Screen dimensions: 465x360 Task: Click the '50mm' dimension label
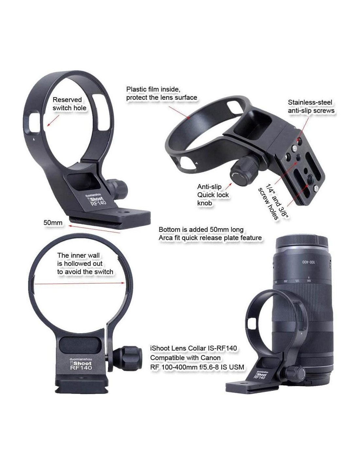click(x=53, y=223)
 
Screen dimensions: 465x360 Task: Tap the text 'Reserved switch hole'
click(x=69, y=104)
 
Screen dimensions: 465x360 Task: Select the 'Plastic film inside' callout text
click(x=162, y=93)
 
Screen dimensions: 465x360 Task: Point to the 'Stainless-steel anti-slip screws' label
click(x=311, y=106)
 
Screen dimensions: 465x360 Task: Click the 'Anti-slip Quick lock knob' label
click(x=213, y=195)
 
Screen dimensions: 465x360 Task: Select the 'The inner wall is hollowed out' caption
click(x=85, y=264)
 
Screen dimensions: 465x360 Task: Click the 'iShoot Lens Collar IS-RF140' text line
click(x=193, y=348)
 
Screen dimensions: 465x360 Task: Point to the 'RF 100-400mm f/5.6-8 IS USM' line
click(x=197, y=367)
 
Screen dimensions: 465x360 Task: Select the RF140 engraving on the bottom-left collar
click(x=81, y=368)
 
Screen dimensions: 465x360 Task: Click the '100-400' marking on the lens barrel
click(x=309, y=262)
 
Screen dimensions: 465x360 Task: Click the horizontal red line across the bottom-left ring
click(x=81, y=283)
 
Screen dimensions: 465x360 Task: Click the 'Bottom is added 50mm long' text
click(x=201, y=229)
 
